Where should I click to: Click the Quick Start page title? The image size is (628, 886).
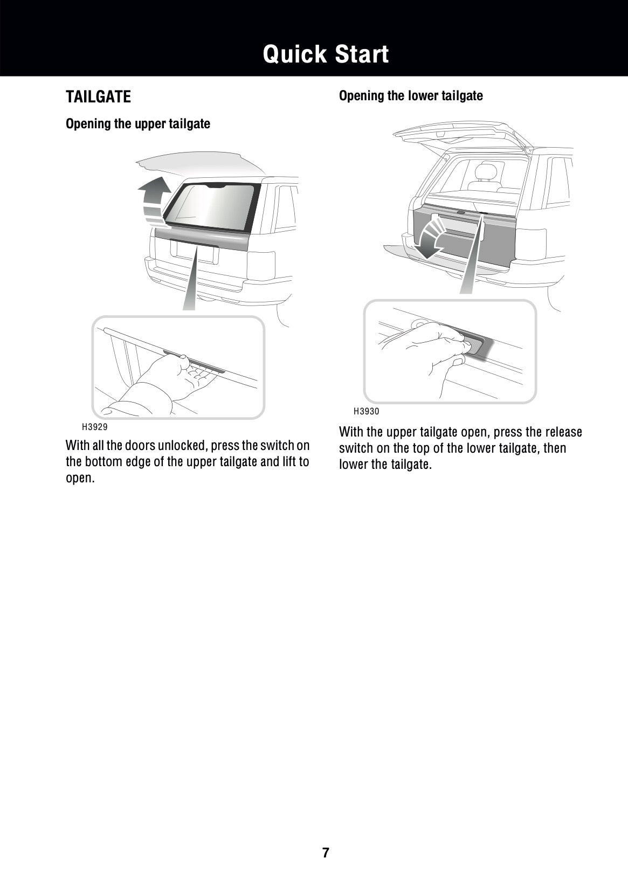point(326,54)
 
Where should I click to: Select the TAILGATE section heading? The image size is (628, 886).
point(98,97)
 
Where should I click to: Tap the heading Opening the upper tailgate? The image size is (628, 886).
point(137,124)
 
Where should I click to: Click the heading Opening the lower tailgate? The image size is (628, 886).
point(411,96)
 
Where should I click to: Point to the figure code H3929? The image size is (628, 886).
point(94,427)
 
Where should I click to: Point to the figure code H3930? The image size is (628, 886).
point(367,411)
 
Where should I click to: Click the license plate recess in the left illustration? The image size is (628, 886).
point(194,252)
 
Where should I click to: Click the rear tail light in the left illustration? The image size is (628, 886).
point(261,265)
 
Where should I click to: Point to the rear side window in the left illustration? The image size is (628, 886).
point(286,207)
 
